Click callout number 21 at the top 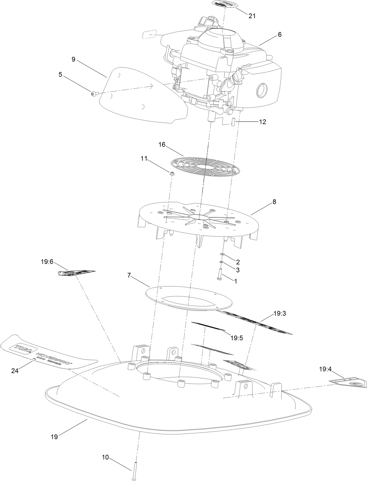[x=252, y=16]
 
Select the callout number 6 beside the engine [x=279, y=35]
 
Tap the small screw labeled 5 [x=93, y=94]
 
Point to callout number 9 [x=73, y=59]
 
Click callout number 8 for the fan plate [x=274, y=202]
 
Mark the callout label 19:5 [x=236, y=338]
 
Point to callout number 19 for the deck [x=54, y=437]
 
